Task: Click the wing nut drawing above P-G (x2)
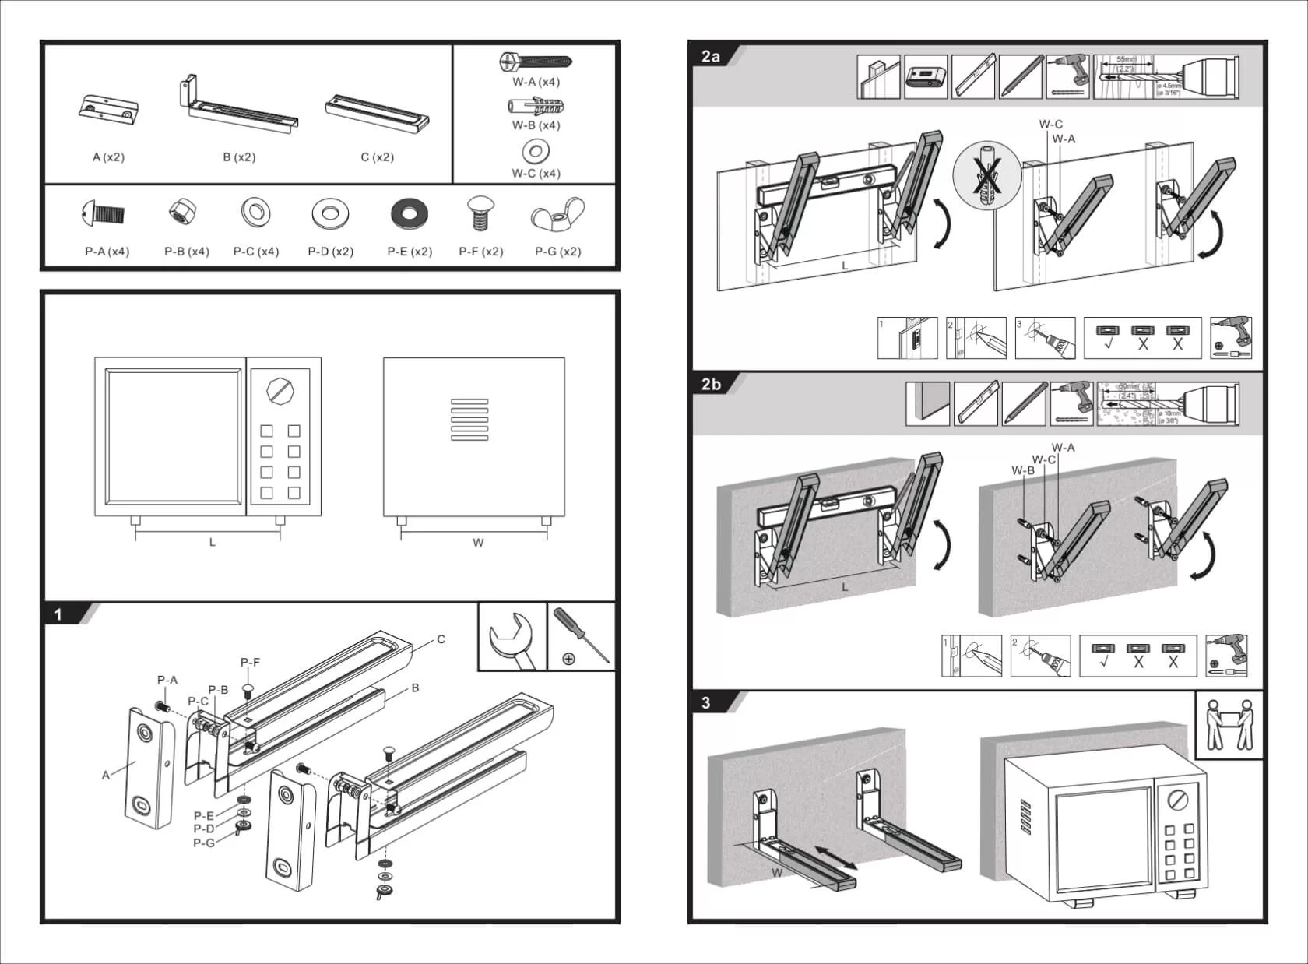557,216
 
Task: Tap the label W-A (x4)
536,82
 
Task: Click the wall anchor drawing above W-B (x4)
536,107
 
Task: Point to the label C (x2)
377,157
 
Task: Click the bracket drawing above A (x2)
109,110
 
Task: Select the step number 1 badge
58,615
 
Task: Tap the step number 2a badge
711,57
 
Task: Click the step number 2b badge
711,384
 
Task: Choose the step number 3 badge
706,703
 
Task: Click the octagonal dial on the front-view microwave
277,389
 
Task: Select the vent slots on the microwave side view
469,420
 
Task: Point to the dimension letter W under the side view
478,543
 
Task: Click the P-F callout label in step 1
250,663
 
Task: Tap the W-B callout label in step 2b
1022,470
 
